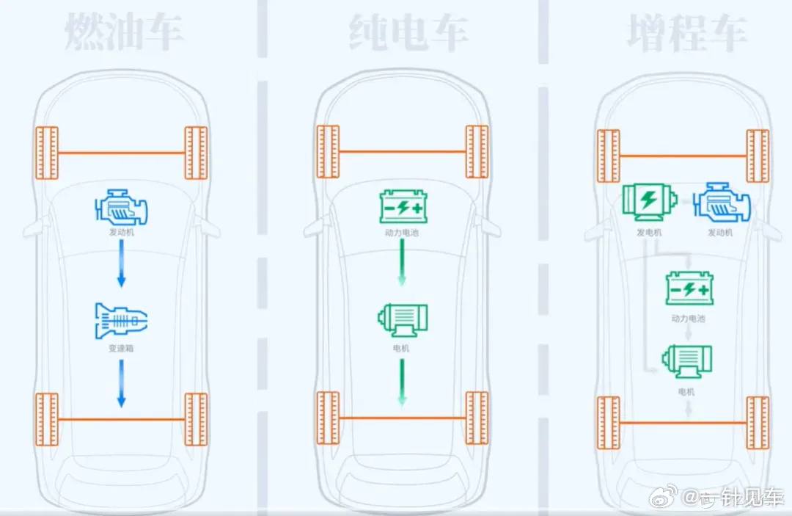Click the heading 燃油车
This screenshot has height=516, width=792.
124,33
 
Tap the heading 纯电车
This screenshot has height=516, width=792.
406,33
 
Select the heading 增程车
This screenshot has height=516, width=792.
687,33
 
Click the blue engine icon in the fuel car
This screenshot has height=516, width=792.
121,207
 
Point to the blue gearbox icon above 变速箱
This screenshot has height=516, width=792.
121,320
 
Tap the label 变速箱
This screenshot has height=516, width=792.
121,348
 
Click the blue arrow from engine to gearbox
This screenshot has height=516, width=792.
122,265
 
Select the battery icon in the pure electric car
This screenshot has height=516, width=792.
402,206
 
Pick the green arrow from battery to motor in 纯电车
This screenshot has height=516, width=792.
401,265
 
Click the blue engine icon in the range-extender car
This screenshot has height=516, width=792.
722,204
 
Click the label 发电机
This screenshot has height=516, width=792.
649,233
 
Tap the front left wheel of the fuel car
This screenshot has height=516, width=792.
47,153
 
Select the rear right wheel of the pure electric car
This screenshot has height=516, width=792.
477,418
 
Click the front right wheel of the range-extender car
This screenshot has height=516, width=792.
758,156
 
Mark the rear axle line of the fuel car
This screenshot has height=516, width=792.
122,420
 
